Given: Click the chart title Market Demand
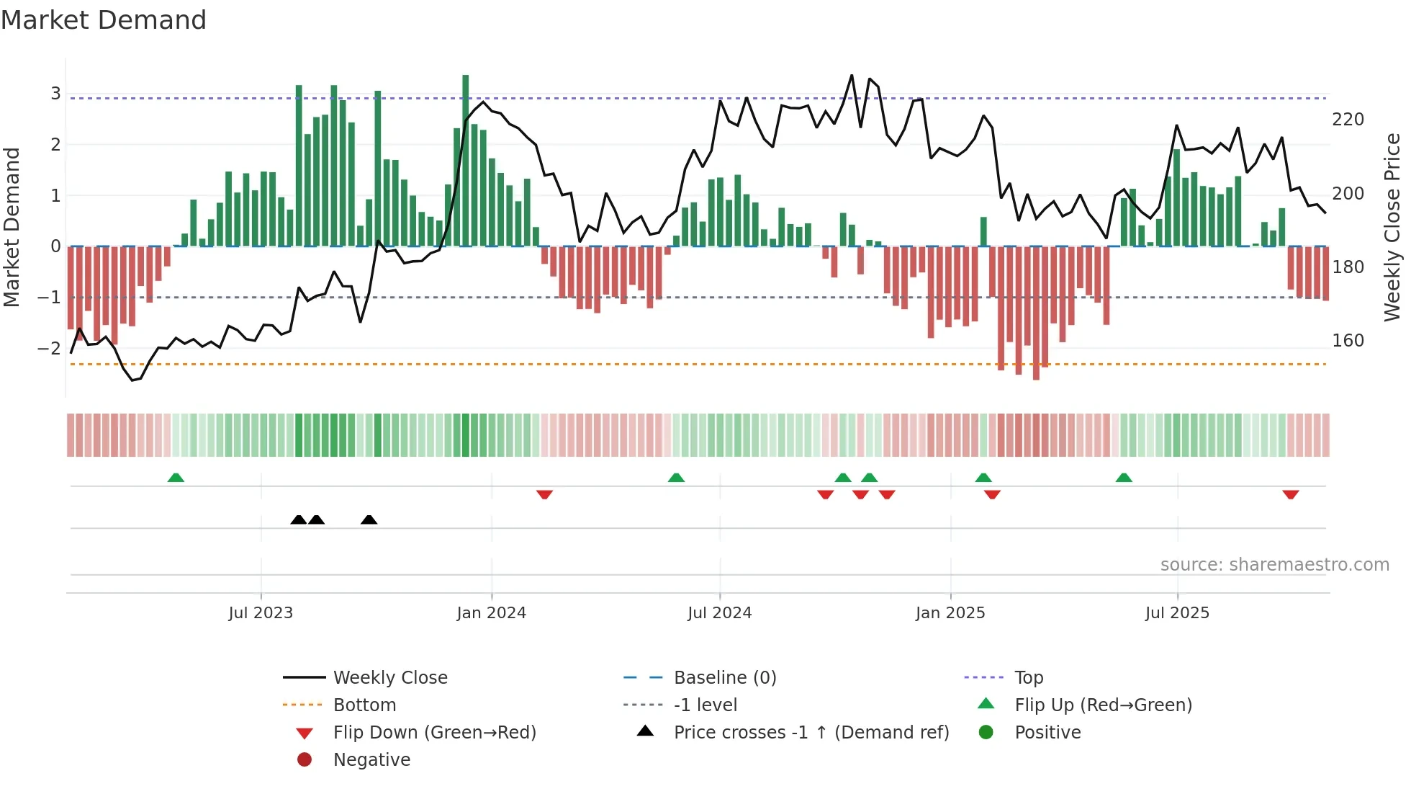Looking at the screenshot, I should (x=104, y=20).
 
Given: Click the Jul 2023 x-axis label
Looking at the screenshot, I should (x=261, y=613).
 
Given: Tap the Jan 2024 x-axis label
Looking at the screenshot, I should (x=492, y=613).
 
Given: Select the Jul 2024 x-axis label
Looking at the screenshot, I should (x=720, y=613).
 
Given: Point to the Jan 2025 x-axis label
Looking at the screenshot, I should (x=950, y=613).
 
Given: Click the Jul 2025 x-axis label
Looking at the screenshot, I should (x=1178, y=613).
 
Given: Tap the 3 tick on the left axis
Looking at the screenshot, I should (x=55, y=93).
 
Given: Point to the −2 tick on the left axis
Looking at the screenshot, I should (x=50, y=349).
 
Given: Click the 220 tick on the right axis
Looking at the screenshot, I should (x=1348, y=120).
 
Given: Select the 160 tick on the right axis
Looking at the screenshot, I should (x=1348, y=341).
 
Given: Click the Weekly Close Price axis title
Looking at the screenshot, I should (x=1392, y=227).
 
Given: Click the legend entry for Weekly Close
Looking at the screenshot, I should (x=389, y=678).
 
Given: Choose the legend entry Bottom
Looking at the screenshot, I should (x=364, y=705).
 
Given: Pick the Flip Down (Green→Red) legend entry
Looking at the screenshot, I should (x=434, y=733).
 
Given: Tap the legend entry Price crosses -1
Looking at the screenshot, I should (x=811, y=733).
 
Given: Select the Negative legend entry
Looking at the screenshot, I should (x=371, y=760).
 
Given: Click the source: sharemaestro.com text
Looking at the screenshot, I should (x=1274, y=565).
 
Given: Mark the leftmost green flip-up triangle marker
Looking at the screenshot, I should (x=176, y=478).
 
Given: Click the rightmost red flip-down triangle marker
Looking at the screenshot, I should (x=1290, y=494).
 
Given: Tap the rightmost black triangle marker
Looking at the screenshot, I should (x=369, y=519).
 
